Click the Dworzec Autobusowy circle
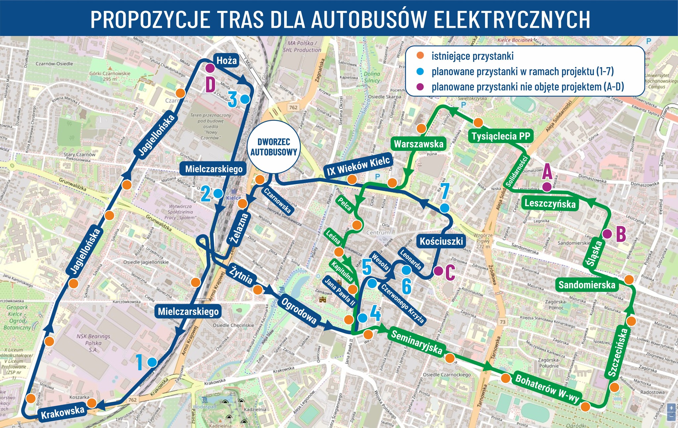click(273, 147)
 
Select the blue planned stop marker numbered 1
click(152, 362)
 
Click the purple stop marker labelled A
click(547, 187)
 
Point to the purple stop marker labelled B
click(607, 234)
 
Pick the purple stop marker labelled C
click(438, 271)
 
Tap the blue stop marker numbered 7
click(445, 208)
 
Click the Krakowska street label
click(63, 411)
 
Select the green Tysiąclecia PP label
click(501, 136)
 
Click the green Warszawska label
click(418, 144)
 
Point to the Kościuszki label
click(441, 241)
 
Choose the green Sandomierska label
click(587, 285)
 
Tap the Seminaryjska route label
click(416, 342)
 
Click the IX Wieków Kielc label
click(359, 166)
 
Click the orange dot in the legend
click(420, 56)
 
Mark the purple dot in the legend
click(420, 87)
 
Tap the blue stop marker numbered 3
click(245, 99)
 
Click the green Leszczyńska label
click(550, 203)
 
